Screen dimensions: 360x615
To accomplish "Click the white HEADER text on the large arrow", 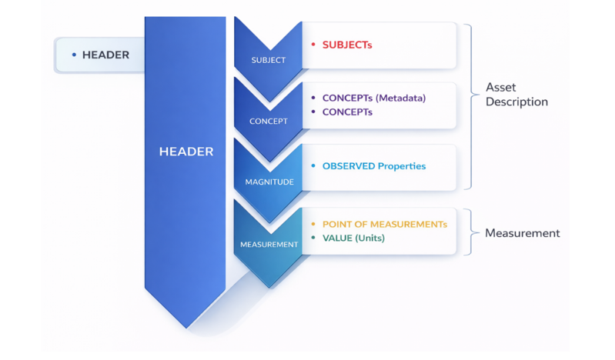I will click(x=186, y=152).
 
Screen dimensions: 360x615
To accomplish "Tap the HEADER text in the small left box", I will click(x=105, y=55).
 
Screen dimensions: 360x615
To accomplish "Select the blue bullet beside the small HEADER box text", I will click(x=74, y=55).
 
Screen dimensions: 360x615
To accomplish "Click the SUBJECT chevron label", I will click(x=268, y=60).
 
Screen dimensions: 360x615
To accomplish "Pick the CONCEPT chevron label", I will click(x=268, y=121).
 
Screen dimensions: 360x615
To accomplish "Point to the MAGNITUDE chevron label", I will click(x=269, y=182).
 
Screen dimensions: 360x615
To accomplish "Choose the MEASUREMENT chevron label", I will click(x=269, y=245).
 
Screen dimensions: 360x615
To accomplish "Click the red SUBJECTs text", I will click(x=347, y=45).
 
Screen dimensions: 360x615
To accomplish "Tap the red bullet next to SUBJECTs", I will click(x=313, y=45).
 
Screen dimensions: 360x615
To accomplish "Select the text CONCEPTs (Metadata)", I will click(x=373, y=98).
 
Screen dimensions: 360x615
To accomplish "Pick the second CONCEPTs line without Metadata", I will click(x=347, y=112).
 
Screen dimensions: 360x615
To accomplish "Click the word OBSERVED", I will click(x=349, y=165).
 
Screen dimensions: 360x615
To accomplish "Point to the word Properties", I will click(x=402, y=165).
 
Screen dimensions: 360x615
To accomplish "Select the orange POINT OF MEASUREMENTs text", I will click(x=384, y=224).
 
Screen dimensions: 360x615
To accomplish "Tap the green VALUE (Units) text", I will click(x=353, y=238).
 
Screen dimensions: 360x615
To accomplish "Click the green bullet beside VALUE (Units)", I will click(x=313, y=238).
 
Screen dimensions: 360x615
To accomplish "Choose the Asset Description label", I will click(x=516, y=95).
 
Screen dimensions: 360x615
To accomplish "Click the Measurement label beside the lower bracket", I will click(x=522, y=233).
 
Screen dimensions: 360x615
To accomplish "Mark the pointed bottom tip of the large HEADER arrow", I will click(x=186, y=327).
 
